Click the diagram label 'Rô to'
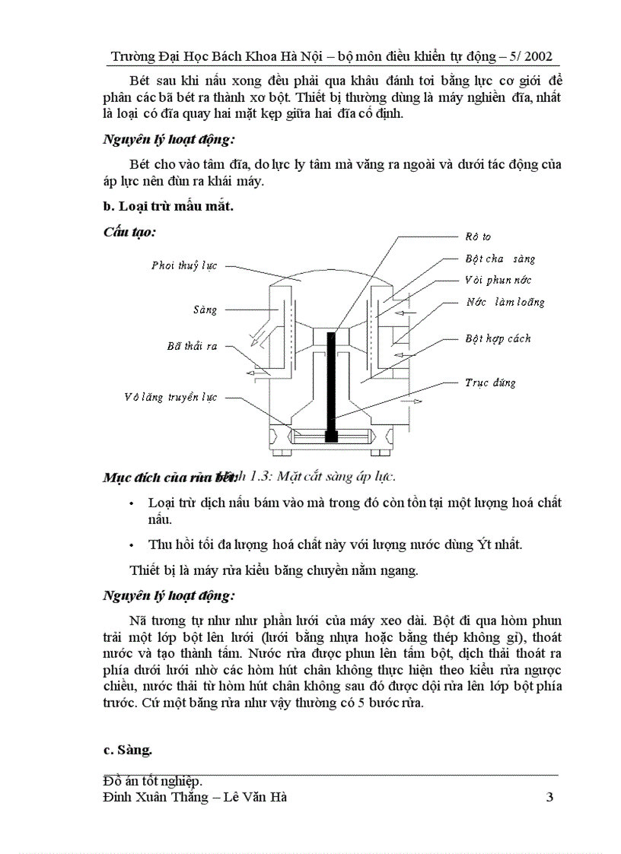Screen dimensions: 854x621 (477, 237)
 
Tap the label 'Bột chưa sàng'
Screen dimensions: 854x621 (500, 259)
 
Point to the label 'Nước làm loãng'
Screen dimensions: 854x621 (505, 302)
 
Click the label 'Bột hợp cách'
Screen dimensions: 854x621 (498, 338)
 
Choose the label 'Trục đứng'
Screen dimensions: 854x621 (490, 383)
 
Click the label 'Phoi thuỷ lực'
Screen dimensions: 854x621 (183, 265)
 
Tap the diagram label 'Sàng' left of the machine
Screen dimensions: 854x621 (205, 310)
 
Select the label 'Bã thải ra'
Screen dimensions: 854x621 (192, 346)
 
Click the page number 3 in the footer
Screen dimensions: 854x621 (549, 797)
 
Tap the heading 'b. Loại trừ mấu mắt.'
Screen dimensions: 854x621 (167, 205)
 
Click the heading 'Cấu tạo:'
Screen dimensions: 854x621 (129, 232)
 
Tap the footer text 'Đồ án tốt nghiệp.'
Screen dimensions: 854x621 (152, 782)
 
